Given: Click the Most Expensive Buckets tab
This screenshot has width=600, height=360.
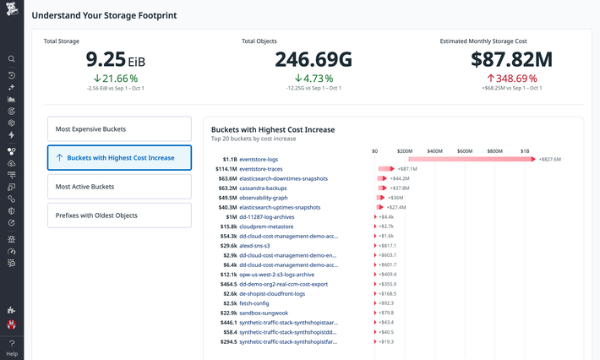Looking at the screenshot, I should pos(119,129).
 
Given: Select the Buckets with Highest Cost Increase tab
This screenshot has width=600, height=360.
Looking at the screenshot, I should pos(119,158).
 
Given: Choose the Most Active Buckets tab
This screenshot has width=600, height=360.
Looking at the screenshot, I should pos(119,187).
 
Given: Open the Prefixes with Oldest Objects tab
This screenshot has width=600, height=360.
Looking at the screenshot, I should pos(119,215).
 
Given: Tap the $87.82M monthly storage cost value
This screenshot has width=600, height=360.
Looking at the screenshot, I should pos(511,59).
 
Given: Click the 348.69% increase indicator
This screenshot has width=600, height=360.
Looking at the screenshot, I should pos(511,78).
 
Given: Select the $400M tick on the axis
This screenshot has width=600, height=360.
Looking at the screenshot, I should pos(435,150).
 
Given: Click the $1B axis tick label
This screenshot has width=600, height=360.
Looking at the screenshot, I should pos(525,150).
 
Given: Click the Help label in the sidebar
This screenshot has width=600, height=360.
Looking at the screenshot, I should pos(12,353).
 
